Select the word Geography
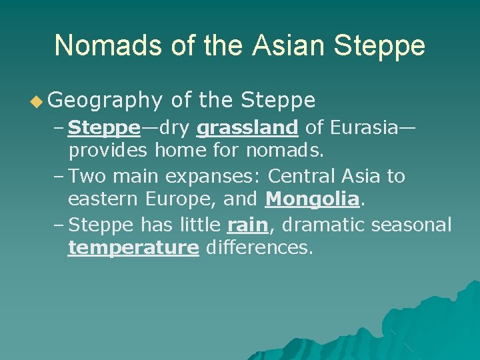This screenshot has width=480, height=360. pos(105,101)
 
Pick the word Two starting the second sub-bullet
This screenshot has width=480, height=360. pos(87,176)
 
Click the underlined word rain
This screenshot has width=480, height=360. pos(247,225)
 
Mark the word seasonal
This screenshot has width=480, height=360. pos(411,225)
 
